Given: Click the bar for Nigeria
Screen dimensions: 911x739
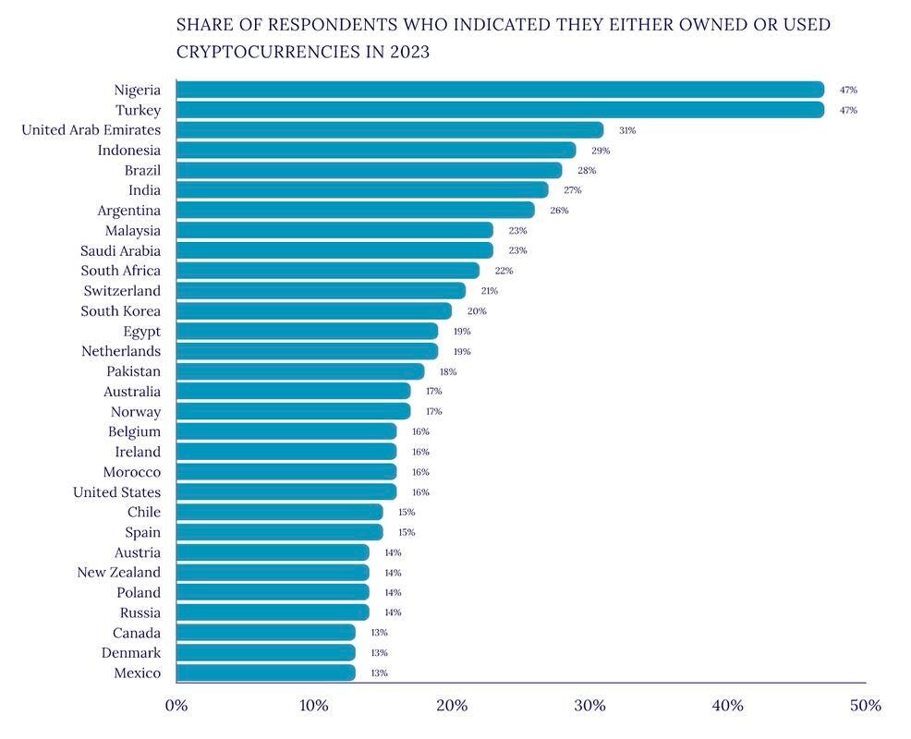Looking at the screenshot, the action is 500,90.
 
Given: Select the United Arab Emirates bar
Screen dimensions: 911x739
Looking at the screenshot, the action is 390,130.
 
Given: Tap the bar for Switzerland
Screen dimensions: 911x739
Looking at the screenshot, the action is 322,290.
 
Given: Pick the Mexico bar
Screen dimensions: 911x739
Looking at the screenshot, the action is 266,672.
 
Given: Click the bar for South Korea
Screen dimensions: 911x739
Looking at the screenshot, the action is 314,310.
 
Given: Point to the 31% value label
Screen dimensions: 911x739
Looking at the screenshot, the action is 627,131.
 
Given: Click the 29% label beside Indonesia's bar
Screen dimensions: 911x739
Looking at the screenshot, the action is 601,151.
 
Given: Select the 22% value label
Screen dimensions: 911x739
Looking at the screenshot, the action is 504,271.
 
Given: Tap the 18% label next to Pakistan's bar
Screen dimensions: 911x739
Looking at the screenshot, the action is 448,372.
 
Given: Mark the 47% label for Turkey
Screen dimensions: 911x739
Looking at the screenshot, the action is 848,110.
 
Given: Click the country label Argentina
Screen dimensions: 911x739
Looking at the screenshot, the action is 129,211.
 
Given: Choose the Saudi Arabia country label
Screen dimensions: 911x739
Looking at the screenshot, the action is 120,250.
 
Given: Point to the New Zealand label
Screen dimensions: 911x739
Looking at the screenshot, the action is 118,572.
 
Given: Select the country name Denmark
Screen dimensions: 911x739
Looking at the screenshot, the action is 130,652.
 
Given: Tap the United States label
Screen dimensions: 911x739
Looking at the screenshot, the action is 116,492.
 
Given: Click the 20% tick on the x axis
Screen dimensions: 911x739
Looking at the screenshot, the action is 452,706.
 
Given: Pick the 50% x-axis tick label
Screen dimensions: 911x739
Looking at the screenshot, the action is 866,706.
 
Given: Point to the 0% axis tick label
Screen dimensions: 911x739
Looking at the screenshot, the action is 176,706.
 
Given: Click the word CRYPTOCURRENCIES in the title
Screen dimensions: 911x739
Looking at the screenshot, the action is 269,52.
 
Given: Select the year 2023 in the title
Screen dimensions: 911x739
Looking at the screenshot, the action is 409,52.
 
